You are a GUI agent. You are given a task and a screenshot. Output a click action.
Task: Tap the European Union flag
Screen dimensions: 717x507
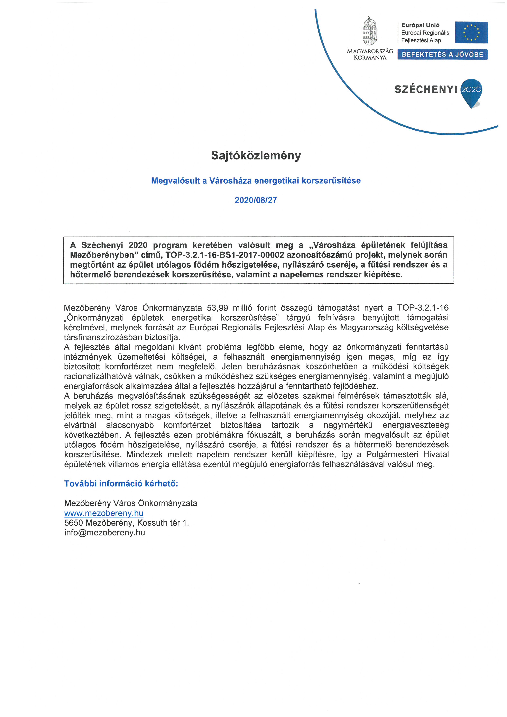tap(471, 33)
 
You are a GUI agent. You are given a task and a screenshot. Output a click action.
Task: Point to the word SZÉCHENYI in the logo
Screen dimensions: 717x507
tap(425, 90)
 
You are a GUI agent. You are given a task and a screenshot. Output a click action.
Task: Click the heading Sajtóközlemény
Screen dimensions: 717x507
tap(256, 155)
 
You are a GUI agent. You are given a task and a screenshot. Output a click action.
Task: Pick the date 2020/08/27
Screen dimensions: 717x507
tap(256, 200)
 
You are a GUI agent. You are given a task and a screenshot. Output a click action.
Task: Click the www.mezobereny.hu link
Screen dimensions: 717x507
tap(104, 513)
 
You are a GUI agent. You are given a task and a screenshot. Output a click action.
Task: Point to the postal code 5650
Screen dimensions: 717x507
tap(73, 523)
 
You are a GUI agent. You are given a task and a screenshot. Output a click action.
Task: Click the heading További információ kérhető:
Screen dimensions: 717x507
tap(121, 484)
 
